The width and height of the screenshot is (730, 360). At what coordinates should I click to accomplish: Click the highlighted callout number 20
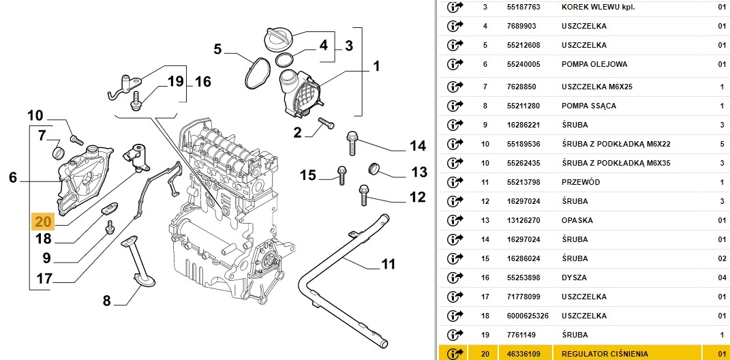[42, 222]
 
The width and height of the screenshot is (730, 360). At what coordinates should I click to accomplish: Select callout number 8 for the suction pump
[107, 300]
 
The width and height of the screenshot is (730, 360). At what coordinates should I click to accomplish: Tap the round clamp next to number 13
[374, 168]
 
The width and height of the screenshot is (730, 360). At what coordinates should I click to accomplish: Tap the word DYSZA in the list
[575, 277]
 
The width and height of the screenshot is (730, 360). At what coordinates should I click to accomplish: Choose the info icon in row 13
[455, 220]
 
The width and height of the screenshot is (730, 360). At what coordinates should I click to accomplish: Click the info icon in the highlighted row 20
[455, 354]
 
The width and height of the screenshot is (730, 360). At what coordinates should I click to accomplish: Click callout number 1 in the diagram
[376, 67]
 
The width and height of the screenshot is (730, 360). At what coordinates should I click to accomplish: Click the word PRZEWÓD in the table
[581, 182]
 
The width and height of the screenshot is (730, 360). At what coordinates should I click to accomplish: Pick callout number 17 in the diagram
[44, 278]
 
